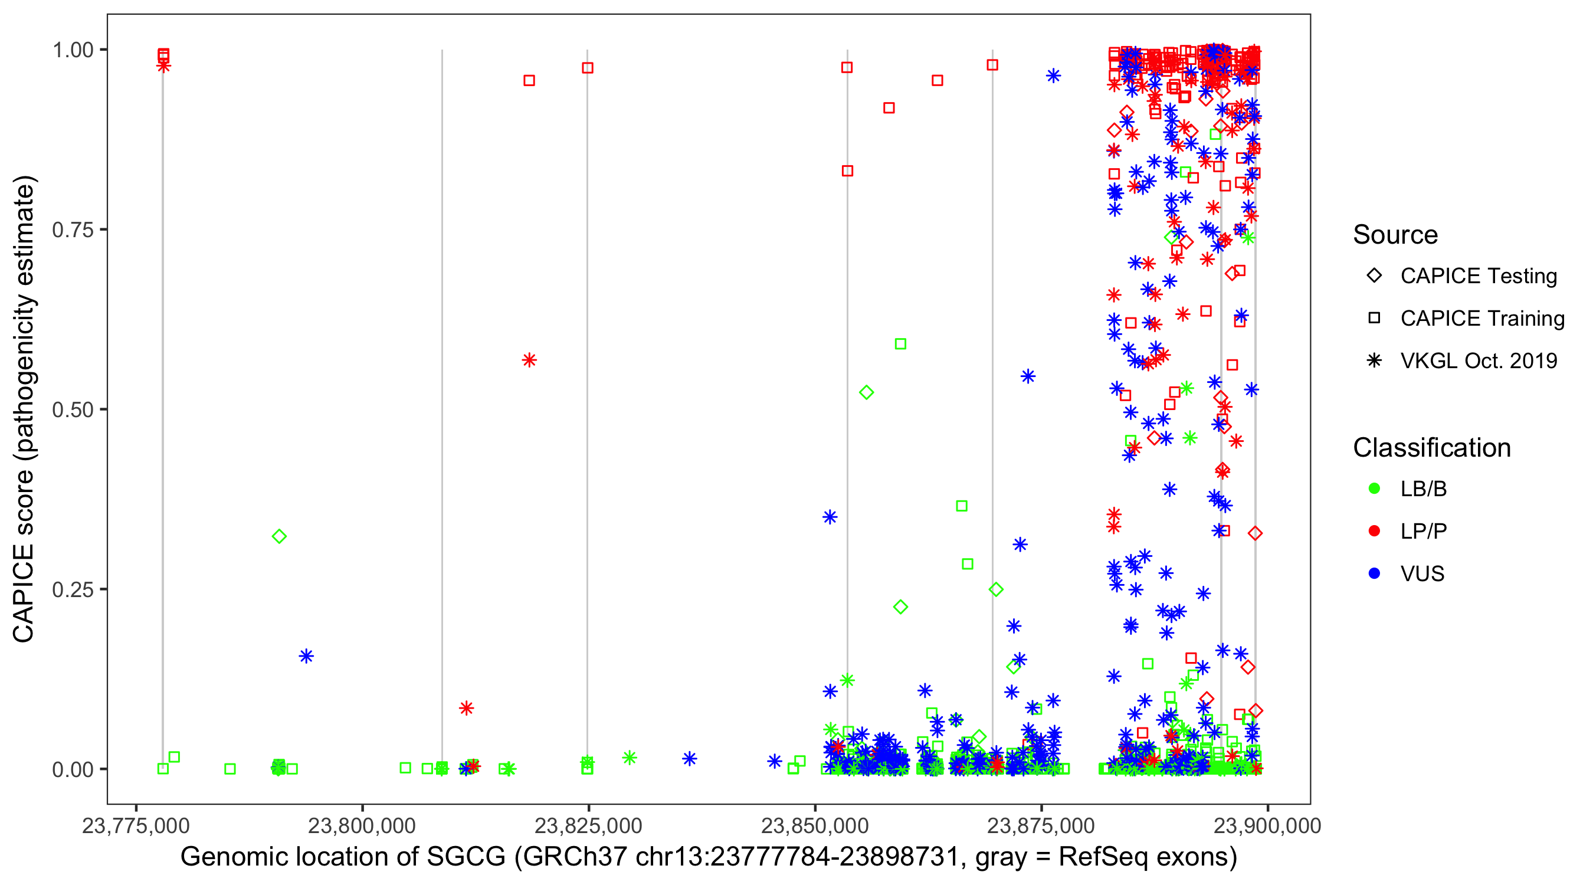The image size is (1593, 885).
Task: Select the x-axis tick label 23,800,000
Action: pos(362,826)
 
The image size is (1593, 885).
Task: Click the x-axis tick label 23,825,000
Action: pos(588,826)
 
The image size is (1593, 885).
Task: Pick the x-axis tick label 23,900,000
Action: pos(1267,826)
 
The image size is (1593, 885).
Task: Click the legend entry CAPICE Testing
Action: pos(1478,276)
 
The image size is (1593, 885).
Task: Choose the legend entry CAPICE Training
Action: pos(1481,319)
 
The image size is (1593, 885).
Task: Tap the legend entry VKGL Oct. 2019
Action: pos(1478,361)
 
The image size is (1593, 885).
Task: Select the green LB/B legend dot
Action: pos(1374,489)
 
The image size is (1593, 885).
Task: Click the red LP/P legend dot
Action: pos(1374,531)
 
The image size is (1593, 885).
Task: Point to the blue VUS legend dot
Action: pos(1374,574)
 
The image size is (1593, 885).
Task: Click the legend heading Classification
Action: pos(1431,448)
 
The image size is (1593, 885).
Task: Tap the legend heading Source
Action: pos(1395,235)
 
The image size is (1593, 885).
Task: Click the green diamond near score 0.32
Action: pos(279,536)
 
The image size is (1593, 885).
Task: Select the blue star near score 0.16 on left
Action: pos(306,656)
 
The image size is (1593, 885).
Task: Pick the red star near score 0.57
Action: pos(529,360)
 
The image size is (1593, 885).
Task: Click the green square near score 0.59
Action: pos(900,344)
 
